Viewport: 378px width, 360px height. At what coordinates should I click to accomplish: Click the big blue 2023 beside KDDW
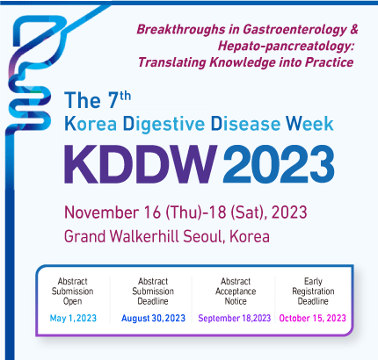[279, 164]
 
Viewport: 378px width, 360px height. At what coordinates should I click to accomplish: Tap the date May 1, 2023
[73, 318]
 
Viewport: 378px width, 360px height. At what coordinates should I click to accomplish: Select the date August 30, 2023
[154, 318]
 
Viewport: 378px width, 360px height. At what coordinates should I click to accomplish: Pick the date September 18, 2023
[235, 318]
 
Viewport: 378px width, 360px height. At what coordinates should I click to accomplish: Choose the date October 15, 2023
[313, 318]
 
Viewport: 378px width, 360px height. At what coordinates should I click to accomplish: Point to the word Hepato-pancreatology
[286, 46]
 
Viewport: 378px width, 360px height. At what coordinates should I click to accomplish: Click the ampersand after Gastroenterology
[353, 29]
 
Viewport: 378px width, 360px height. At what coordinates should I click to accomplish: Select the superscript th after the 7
[125, 96]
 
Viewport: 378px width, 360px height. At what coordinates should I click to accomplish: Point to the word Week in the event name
[309, 123]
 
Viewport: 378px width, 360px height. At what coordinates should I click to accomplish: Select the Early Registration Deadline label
[313, 292]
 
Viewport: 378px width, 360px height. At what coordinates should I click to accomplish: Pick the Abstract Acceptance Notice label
[236, 292]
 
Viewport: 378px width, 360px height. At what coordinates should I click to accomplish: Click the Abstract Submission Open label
[72, 292]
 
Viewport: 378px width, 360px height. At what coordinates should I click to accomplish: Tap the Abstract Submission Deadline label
[153, 292]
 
